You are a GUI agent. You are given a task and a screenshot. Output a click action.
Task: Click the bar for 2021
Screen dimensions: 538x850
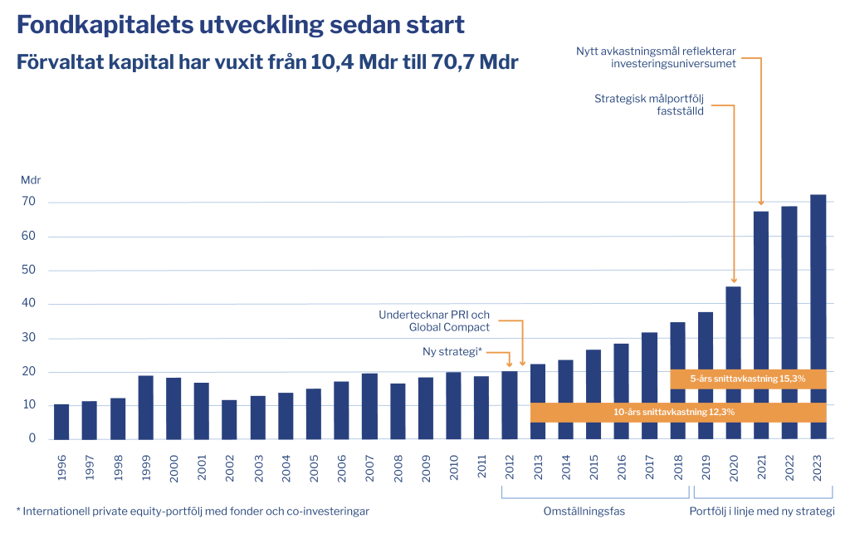click(x=761, y=324)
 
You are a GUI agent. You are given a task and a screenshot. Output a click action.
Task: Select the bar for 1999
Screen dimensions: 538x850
click(x=145, y=407)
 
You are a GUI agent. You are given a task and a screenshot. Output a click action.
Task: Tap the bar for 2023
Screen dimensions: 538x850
click(x=818, y=315)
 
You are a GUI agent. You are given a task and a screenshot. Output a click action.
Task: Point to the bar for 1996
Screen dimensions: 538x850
click(x=61, y=421)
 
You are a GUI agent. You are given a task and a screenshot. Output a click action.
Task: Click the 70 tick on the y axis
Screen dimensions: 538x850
click(x=29, y=203)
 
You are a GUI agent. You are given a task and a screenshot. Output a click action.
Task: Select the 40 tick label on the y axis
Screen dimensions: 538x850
click(x=29, y=304)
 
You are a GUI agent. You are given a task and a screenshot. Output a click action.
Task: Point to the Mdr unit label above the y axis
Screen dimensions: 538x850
click(x=31, y=179)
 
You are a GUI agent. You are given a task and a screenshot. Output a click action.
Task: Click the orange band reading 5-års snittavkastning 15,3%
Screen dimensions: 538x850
click(x=748, y=379)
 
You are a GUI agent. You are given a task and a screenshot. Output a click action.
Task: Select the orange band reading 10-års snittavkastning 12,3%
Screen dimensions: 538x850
click(x=677, y=412)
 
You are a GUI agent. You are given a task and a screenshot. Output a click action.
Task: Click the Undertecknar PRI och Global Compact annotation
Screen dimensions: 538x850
click(x=435, y=321)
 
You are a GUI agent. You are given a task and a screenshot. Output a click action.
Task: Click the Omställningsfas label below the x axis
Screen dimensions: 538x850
click(x=584, y=511)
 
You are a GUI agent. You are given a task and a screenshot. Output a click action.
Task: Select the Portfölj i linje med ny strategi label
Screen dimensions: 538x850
click(x=762, y=511)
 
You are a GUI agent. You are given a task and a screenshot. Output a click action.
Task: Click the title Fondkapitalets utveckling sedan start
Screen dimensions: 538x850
click(x=241, y=25)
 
